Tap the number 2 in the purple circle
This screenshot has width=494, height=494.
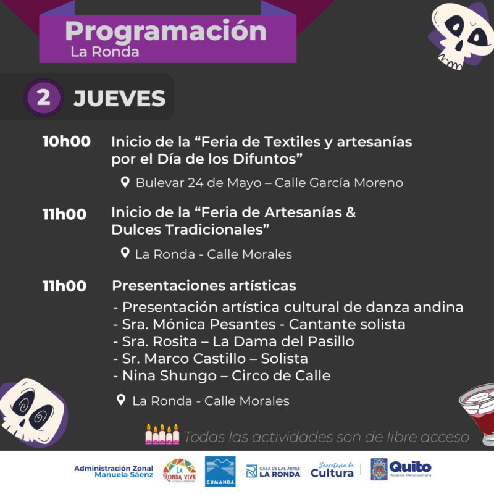point(43,98)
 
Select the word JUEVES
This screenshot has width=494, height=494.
point(119,98)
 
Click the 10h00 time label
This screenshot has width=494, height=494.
point(67,141)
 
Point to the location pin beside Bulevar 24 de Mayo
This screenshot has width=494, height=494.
point(125,182)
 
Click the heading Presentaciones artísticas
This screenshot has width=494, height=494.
point(204,286)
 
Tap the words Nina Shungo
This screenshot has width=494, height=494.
point(170,376)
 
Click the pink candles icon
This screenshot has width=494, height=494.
point(162,434)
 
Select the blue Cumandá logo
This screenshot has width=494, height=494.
point(220,471)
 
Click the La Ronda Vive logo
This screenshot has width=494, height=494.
point(179,471)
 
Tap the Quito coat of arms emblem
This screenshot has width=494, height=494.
point(379,469)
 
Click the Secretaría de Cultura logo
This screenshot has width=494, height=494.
point(332,470)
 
